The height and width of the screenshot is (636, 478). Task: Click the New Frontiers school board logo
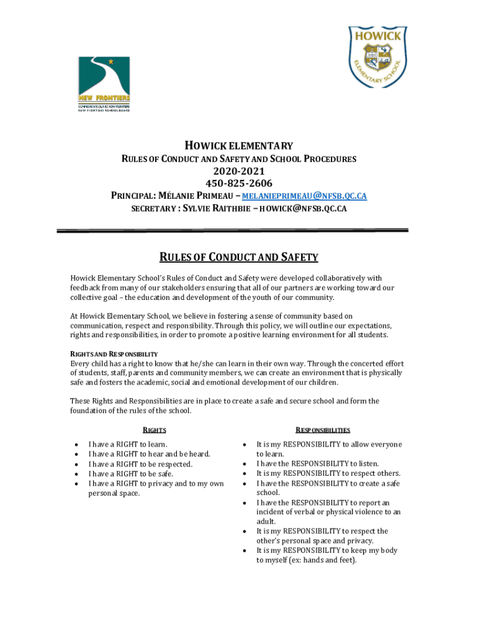[x=104, y=84]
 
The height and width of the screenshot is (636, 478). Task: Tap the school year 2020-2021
[x=238, y=171]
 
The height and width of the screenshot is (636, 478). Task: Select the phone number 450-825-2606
[x=238, y=183]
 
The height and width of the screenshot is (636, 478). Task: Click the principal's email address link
[x=312, y=196]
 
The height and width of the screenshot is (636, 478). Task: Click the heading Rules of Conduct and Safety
[x=238, y=257]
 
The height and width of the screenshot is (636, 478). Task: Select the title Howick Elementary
[x=238, y=146]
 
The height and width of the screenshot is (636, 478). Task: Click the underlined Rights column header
[x=155, y=430]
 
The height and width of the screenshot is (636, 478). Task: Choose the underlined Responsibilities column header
[x=323, y=430]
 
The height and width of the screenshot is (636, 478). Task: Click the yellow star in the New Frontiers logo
[x=111, y=61]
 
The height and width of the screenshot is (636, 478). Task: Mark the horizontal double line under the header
[x=232, y=231]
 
